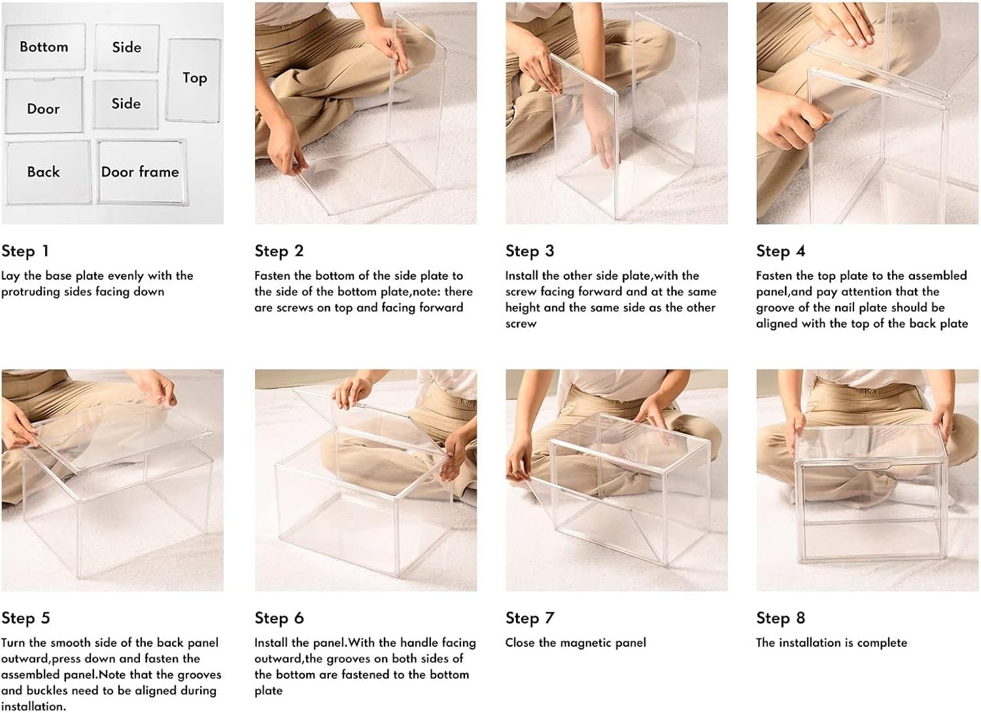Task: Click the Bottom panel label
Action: coord(44,47)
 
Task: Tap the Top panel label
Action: coord(195,78)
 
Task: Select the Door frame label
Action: coord(140,171)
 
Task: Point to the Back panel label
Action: coord(43,171)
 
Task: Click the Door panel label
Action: coord(43,109)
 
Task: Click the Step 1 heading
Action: coord(25,251)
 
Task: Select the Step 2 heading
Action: coord(279,251)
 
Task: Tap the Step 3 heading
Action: coord(530,251)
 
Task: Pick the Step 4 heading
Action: coord(781,251)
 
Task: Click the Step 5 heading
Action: coord(26,618)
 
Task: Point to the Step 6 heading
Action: coord(279,618)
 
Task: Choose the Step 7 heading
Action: coord(530,618)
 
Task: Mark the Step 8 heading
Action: coord(781,618)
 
